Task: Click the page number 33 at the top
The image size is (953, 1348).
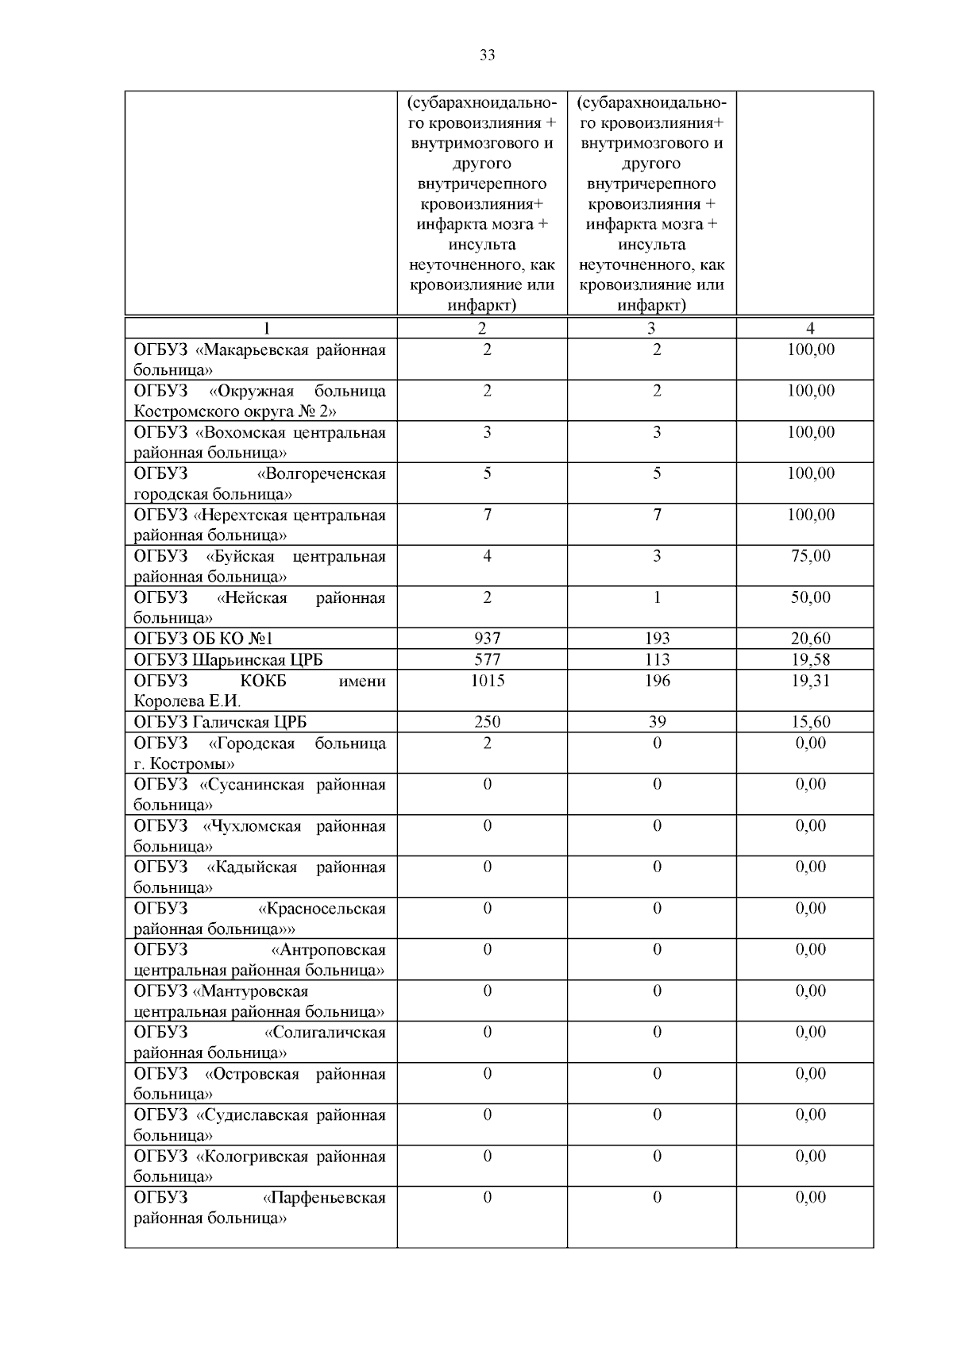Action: (x=487, y=55)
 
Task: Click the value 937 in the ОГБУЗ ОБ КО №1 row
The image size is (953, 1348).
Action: (x=487, y=639)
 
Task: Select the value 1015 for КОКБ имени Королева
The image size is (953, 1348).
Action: (x=487, y=681)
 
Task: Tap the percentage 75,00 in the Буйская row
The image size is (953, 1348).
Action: (x=810, y=556)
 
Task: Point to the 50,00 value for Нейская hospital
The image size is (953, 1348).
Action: (x=810, y=597)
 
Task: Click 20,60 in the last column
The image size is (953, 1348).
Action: (x=810, y=639)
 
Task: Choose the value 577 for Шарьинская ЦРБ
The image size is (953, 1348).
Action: (x=487, y=659)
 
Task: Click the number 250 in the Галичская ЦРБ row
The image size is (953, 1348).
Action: (x=487, y=722)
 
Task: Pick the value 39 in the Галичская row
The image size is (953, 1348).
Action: (x=657, y=722)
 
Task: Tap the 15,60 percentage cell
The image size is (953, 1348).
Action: (x=810, y=722)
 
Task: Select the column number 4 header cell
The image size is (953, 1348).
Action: (x=810, y=328)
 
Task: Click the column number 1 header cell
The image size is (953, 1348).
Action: (x=267, y=328)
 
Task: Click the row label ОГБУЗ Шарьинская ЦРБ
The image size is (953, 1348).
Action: (x=229, y=660)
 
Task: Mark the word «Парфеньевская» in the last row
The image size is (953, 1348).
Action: (x=324, y=1198)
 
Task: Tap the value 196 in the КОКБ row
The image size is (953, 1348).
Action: (x=657, y=681)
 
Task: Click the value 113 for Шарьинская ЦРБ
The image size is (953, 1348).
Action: (x=657, y=659)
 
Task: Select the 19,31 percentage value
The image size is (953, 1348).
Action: (x=810, y=681)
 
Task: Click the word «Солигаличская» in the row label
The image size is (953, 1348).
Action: (x=325, y=1033)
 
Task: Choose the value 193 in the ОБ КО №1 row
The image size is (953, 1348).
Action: (x=657, y=639)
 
